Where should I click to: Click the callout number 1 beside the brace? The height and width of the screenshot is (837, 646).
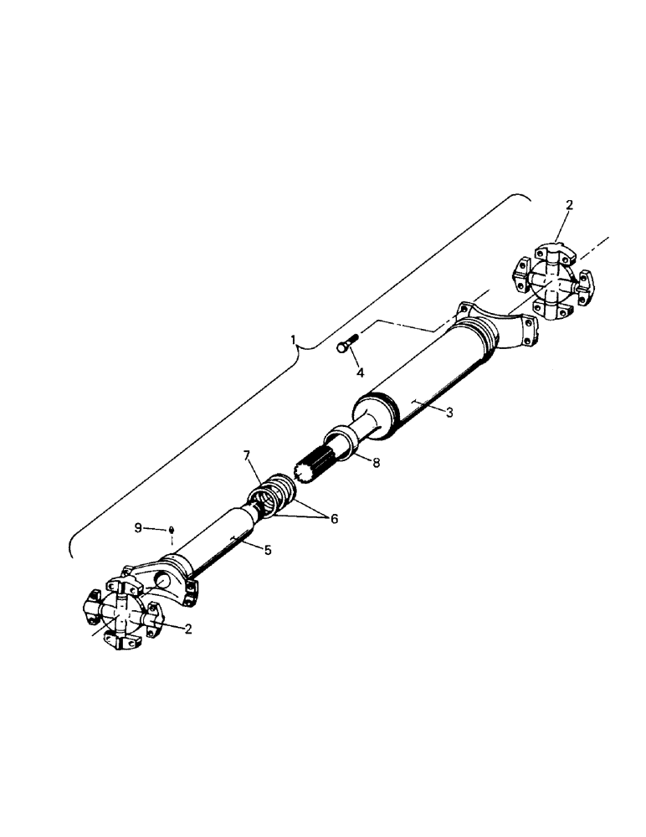pos(293,341)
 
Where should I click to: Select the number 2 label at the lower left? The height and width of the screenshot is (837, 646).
pos(188,629)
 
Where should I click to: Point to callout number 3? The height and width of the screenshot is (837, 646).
pos(449,413)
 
